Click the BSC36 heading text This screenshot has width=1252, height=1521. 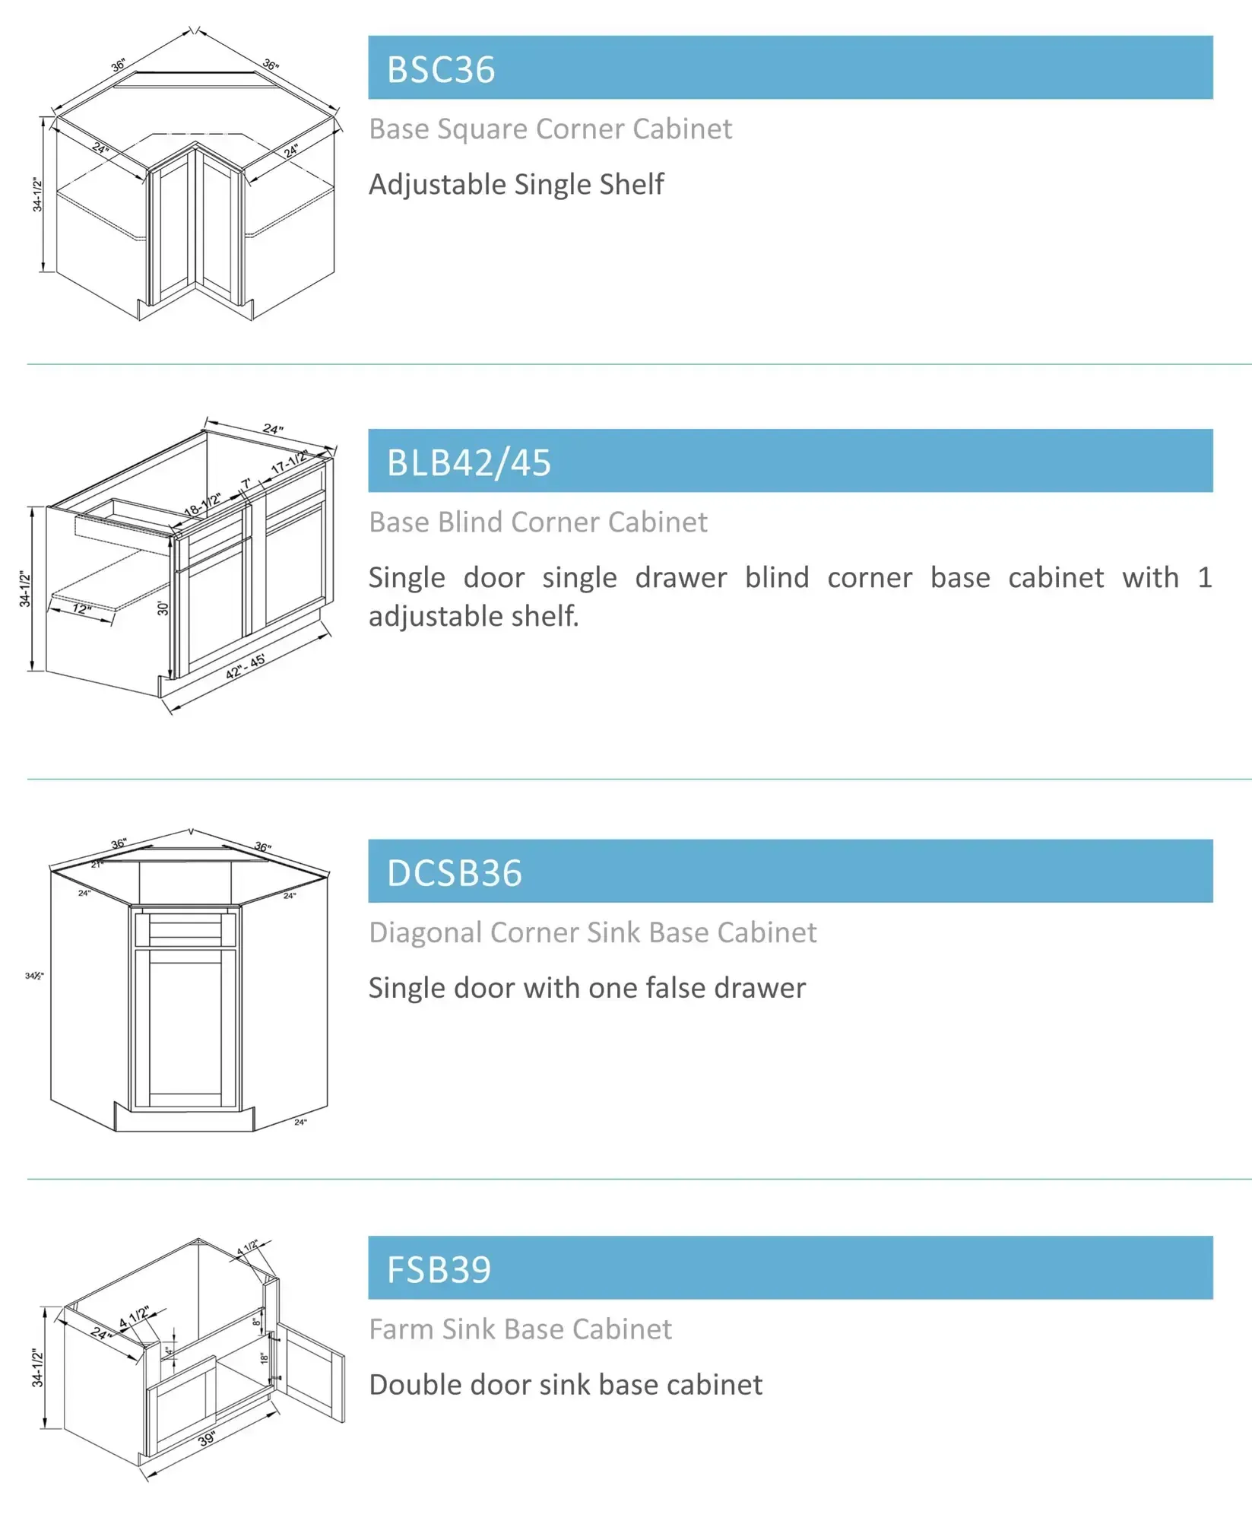point(441,69)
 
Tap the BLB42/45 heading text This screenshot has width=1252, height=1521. point(468,462)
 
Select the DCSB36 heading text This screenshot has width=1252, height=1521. point(454,872)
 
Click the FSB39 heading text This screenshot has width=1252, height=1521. point(439,1269)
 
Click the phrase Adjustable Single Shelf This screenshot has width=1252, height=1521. point(516,184)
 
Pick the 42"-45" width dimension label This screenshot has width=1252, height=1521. point(246,666)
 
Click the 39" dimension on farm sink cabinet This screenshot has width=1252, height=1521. point(207,1439)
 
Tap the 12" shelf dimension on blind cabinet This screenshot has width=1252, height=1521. point(81,608)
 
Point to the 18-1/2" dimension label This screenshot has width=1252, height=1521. point(202,503)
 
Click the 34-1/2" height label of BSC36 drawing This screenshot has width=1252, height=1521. point(36,194)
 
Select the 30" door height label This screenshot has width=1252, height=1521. point(162,608)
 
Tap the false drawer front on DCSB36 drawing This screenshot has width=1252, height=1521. point(185,929)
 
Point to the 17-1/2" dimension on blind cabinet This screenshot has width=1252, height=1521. point(290,461)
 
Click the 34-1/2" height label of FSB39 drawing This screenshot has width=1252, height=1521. point(36,1367)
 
